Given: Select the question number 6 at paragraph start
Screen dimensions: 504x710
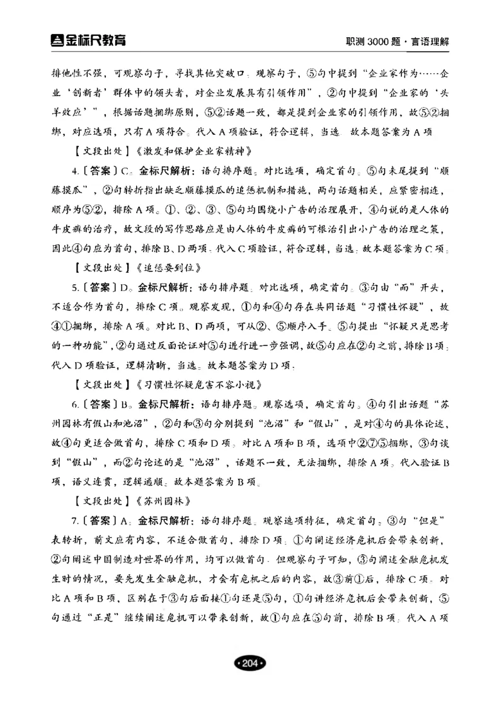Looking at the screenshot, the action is pos(74,404).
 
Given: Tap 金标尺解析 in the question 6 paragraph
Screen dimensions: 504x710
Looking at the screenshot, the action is pos(166,404).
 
